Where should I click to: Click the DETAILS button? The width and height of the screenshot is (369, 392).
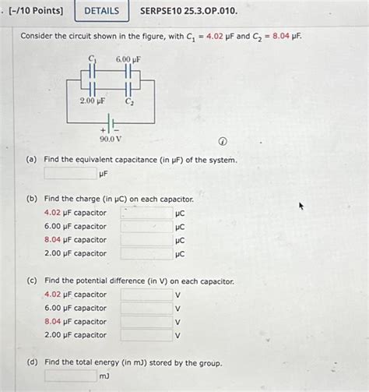click(101, 11)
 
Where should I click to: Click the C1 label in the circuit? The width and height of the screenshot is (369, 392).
click(91, 59)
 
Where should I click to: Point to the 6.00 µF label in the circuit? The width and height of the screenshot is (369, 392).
click(128, 59)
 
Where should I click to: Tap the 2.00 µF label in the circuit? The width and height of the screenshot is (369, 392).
click(92, 101)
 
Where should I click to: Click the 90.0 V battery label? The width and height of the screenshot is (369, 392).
click(111, 139)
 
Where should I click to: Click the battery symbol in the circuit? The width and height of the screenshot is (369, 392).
click(111, 123)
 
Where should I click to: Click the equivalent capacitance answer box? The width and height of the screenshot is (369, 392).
click(70, 174)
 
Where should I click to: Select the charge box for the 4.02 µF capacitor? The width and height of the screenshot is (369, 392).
click(146, 213)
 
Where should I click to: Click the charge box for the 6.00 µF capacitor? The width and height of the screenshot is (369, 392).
click(146, 227)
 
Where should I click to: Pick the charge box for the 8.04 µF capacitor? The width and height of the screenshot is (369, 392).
click(146, 240)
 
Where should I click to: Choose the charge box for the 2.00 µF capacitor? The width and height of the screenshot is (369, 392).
click(146, 253)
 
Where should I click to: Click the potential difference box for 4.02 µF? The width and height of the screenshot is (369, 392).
click(146, 295)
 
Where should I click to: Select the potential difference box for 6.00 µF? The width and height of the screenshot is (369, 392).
click(146, 308)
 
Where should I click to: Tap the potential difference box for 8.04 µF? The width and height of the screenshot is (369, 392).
click(146, 322)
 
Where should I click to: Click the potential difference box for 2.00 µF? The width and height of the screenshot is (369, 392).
click(146, 335)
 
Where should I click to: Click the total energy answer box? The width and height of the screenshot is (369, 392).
click(70, 376)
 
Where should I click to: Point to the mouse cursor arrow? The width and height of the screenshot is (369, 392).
click(301, 207)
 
